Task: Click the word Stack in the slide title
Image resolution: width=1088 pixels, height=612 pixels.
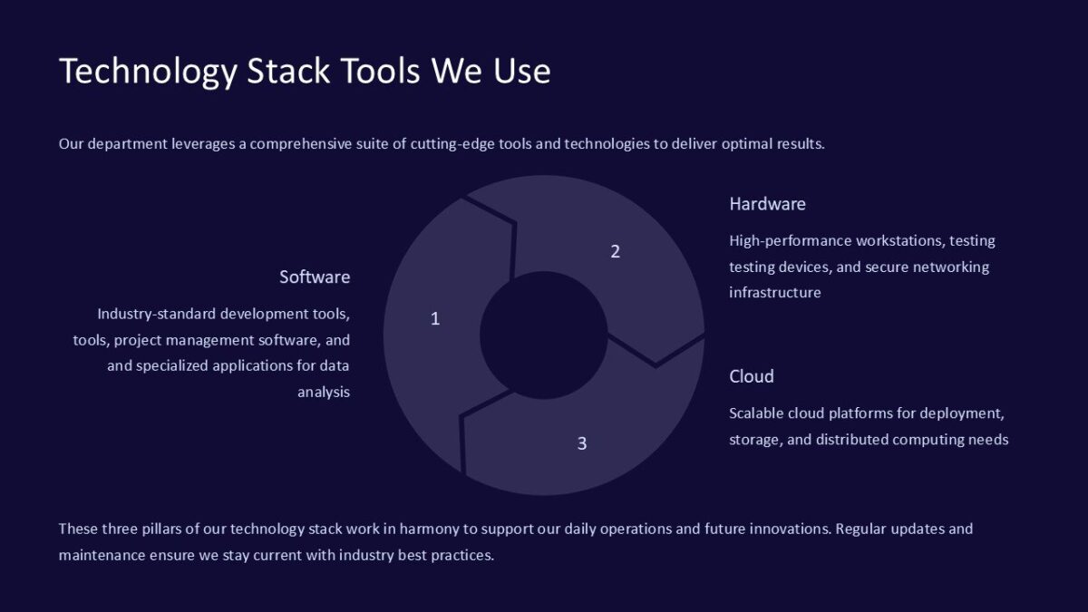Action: (x=288, y=70)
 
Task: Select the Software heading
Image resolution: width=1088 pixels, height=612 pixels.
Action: (x=315, y=277)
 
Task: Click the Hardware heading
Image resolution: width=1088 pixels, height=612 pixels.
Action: (x=767, y=204)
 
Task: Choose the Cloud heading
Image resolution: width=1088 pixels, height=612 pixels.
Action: (x=752, y=376)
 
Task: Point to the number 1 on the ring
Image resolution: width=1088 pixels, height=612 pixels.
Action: (x=435, y=318)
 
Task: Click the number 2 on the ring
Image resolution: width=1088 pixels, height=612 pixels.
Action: (x=615, y=251)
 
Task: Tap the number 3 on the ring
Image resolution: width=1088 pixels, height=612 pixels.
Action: (x=582, y=443)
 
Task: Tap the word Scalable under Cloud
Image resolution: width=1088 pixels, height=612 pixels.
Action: (x=760, y=413)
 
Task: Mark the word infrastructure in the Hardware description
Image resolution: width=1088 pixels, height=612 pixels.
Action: (x=775, y=293)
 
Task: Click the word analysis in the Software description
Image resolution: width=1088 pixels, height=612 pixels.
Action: (x=324, y=393)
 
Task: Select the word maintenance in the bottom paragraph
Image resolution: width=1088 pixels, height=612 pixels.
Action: (x=102, y=555)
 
